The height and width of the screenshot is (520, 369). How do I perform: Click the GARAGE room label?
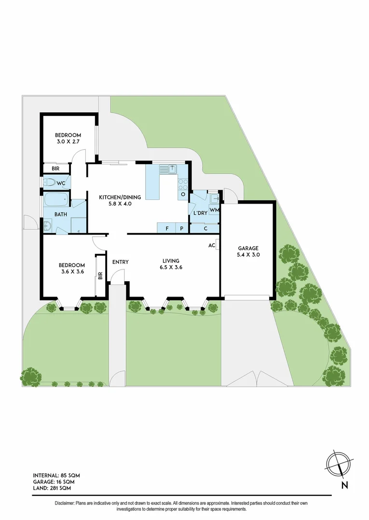click(248, 248)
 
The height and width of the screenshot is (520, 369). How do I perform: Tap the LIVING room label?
click(171, 261)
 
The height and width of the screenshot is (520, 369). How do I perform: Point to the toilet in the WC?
click(50, 182)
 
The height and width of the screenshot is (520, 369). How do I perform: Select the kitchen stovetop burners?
click(183, 183)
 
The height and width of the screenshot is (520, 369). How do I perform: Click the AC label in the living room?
click(211, 245)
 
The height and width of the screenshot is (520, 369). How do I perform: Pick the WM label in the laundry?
click(214, 210)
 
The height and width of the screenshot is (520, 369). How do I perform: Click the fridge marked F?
click(167, 228)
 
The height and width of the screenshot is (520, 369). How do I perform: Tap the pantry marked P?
click(182, 228)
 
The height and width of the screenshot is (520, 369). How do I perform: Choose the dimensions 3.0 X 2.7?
click(68, 142)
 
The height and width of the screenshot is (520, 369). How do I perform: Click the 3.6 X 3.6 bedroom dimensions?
click(72, 272)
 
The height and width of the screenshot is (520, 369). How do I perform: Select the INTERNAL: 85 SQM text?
click(56, 475)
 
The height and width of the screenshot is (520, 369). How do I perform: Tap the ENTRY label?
click(120, 262)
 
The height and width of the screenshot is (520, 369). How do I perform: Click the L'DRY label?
click(200, 213)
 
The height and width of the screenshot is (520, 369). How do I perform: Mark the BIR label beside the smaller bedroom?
click(55, 169)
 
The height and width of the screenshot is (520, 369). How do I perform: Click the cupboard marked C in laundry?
click(205, 229)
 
